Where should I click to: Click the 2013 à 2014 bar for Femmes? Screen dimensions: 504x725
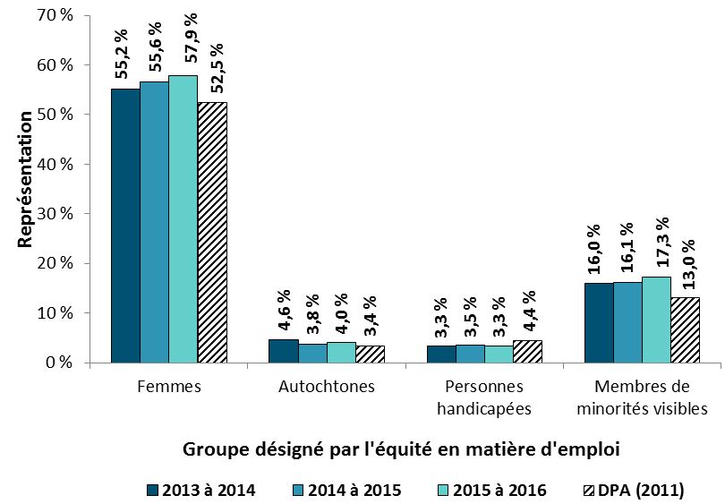click(124, 226)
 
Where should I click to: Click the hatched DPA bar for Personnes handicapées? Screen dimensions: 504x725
click(527, 352)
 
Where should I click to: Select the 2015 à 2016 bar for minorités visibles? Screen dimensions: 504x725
click(656, 320)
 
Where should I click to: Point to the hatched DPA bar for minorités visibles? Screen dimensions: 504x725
click(686, 330)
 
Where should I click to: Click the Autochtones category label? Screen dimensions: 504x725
click(327, 388)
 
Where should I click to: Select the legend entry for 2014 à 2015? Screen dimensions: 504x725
click(345, 490)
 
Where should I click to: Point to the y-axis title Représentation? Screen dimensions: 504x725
click(25, 179)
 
